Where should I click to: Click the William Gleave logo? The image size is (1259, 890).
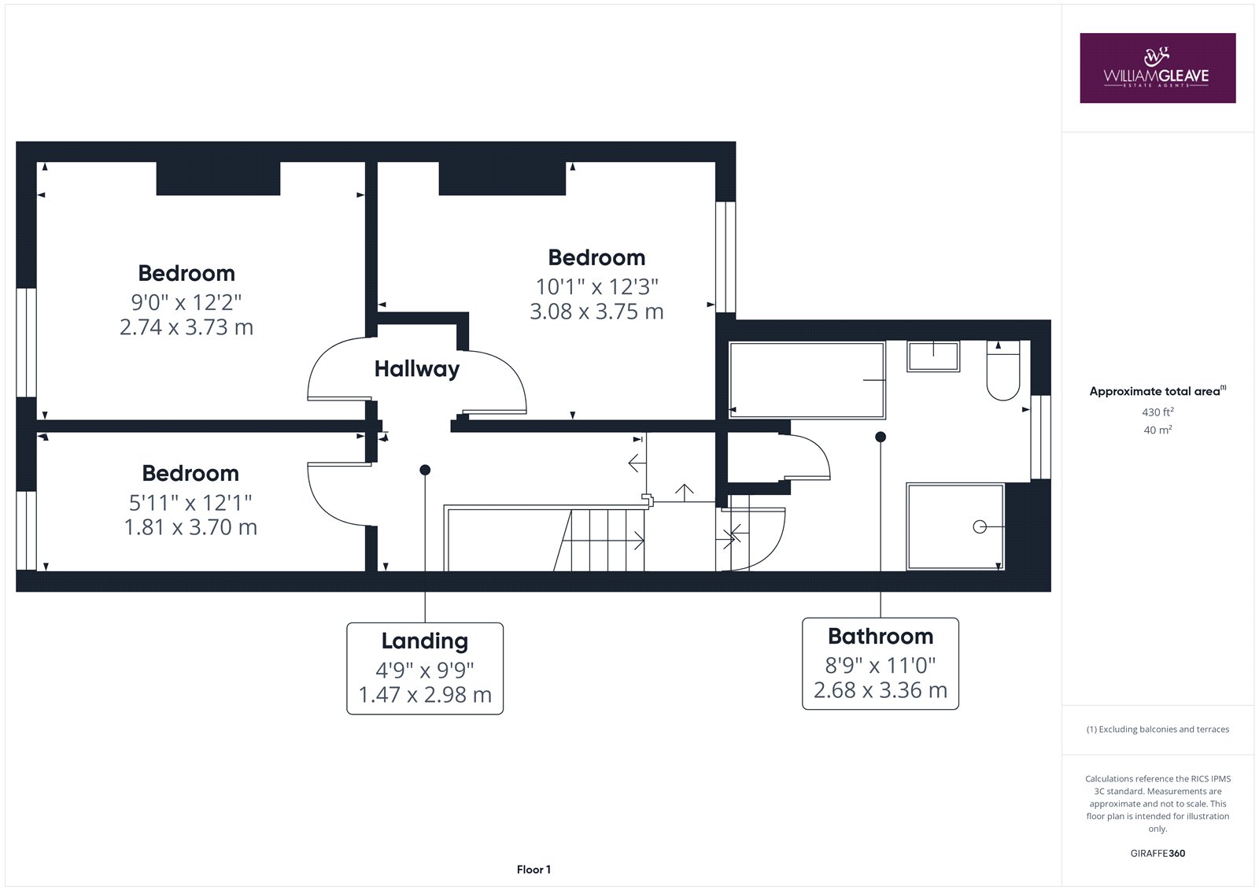coord(1157,68)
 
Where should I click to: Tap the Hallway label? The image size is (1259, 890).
coord(417,369)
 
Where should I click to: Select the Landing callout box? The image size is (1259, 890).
coord(425,669)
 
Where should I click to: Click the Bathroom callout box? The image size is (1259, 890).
coord(881,663)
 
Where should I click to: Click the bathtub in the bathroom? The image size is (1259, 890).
coord(807,380)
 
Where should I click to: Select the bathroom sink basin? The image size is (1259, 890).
coord(933,356)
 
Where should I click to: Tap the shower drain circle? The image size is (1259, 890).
coord(980,526)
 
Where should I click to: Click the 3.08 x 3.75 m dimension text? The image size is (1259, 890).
coord(597,312)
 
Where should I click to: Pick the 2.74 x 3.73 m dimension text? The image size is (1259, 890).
coord(186,327)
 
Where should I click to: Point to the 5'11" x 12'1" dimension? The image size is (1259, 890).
coord(190,503)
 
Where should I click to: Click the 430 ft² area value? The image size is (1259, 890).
coord(1157,412)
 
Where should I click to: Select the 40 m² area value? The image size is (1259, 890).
coord(1157,430)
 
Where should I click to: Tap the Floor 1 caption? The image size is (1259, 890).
coord(534,870)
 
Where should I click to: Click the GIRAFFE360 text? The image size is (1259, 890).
coord(1157,854)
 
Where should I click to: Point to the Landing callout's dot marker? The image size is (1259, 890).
coord(425,470)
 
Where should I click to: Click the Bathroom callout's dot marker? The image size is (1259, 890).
coord(881,437)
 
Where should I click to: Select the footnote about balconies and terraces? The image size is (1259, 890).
coord(1157,729)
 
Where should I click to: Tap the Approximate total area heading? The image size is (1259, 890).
coord(1157,391)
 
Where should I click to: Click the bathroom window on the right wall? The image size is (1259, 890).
coord(1040,437)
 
